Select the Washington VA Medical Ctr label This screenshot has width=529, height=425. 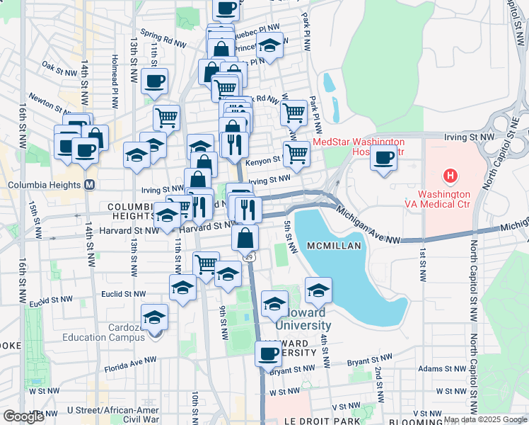[x=453, y=199]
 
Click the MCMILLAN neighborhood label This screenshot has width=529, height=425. [x=335, y=245]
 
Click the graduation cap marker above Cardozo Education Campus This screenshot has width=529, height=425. [x=154, y=317]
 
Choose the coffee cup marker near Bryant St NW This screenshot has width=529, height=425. [x=268, y=353]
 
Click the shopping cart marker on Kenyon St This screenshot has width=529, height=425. [x=296, y=152]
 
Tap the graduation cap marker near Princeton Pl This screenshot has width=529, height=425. [x=269, y=45]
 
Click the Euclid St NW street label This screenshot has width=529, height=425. [x=123, y=293]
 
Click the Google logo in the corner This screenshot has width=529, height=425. [x=24, y=416]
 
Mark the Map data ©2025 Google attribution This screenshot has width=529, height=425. [x=485, y=419]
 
